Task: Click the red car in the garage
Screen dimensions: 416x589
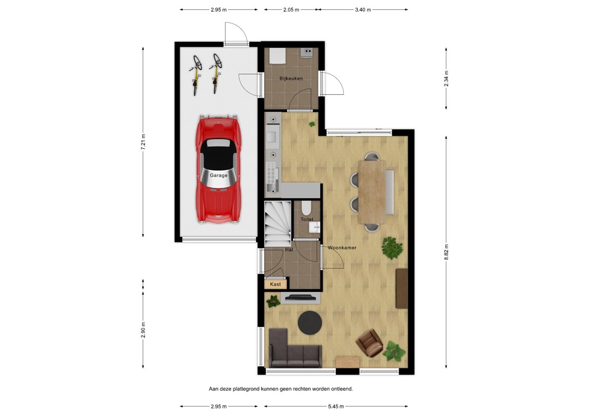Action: point(218,170)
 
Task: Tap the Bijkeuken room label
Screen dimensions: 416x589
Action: point(291,78)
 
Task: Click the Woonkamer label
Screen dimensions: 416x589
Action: point(342,248)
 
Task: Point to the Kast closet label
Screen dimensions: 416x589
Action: point(275,284)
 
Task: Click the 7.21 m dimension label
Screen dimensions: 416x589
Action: point(143,141)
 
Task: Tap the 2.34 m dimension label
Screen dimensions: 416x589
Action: point(446,78)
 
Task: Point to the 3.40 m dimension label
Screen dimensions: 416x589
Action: point(364,10)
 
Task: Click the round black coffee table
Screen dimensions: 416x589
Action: point(311,322)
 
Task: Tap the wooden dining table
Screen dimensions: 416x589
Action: point(372,192)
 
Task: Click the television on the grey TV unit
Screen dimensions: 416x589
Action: point(301,296)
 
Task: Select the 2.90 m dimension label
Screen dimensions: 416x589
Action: point(143,330)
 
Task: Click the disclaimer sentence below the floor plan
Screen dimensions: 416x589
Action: point(281,389)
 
